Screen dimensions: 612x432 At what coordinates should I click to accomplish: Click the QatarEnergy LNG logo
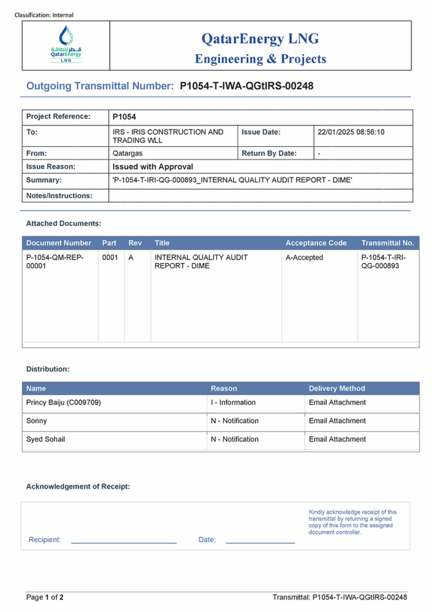[66, 46]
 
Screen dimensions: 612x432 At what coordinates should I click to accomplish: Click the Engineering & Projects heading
[260, 59]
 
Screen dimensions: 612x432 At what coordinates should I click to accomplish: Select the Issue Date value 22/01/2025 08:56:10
[351, 132]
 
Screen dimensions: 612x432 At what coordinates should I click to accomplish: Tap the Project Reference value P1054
[124, 117]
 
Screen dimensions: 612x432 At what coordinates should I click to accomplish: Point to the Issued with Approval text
[153, 167]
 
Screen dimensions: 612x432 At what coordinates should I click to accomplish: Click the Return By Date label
[269, 154]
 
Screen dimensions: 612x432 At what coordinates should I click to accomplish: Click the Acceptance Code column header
[316, 243]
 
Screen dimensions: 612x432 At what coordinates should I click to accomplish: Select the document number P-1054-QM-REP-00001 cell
[55, 262]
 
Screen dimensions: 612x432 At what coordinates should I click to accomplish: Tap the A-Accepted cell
[304, 258]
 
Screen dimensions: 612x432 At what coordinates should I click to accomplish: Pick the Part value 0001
[110, 258]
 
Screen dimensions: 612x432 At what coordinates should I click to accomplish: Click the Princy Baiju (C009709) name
[64, 403]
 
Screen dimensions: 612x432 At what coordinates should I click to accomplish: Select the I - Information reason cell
[233, 403]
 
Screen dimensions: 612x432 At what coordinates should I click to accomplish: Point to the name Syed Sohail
[46, 440]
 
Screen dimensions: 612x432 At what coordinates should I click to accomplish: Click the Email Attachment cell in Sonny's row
[337, 421]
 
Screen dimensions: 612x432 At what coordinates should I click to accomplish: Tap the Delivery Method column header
[337, 388]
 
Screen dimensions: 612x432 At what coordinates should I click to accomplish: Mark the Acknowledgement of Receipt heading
[78, 486]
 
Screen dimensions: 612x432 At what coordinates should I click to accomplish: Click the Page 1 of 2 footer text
[45, 597]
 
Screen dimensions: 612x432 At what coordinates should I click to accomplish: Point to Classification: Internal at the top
[44, 15]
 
